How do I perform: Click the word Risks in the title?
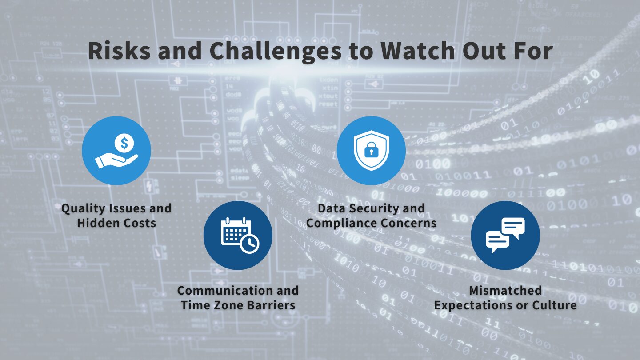(x=119, y=50)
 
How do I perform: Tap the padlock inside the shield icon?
(x=371, y=150)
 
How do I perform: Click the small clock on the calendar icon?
(x=250, y=244)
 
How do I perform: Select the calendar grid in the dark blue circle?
(x=235, y=232)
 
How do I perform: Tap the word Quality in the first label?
(x=82, y=209)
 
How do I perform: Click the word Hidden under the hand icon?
(x=95, y=223)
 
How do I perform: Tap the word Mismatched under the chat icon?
(x=505, y=291)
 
